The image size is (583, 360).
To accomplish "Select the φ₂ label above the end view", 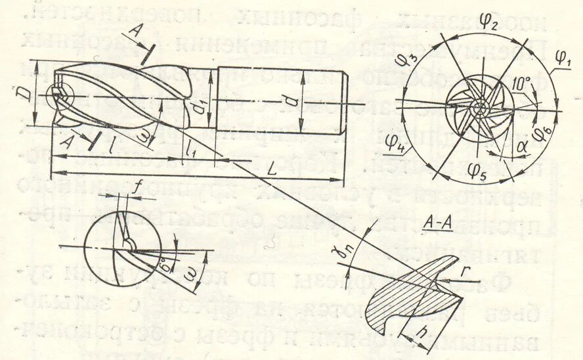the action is [x=486, y=23].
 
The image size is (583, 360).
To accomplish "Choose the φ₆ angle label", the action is [x=542, y=133].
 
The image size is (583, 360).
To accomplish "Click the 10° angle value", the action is [x=522, y=85].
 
